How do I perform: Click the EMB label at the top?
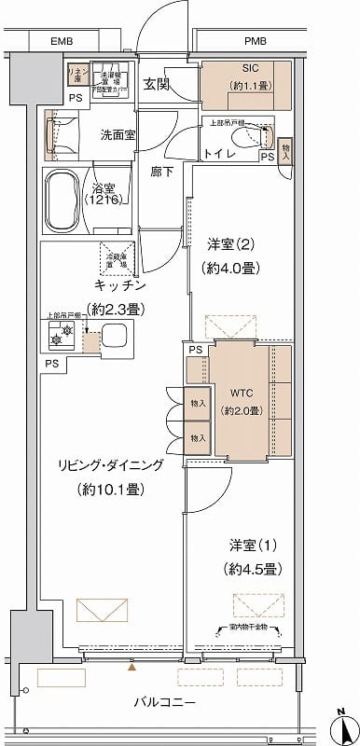coord(62,42)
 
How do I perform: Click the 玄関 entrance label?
coord(156,85)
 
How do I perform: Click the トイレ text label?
coord(219,154)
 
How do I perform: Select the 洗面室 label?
coord(118,134)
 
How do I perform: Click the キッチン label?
coord(118,285)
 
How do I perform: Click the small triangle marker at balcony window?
coord(132,667)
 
